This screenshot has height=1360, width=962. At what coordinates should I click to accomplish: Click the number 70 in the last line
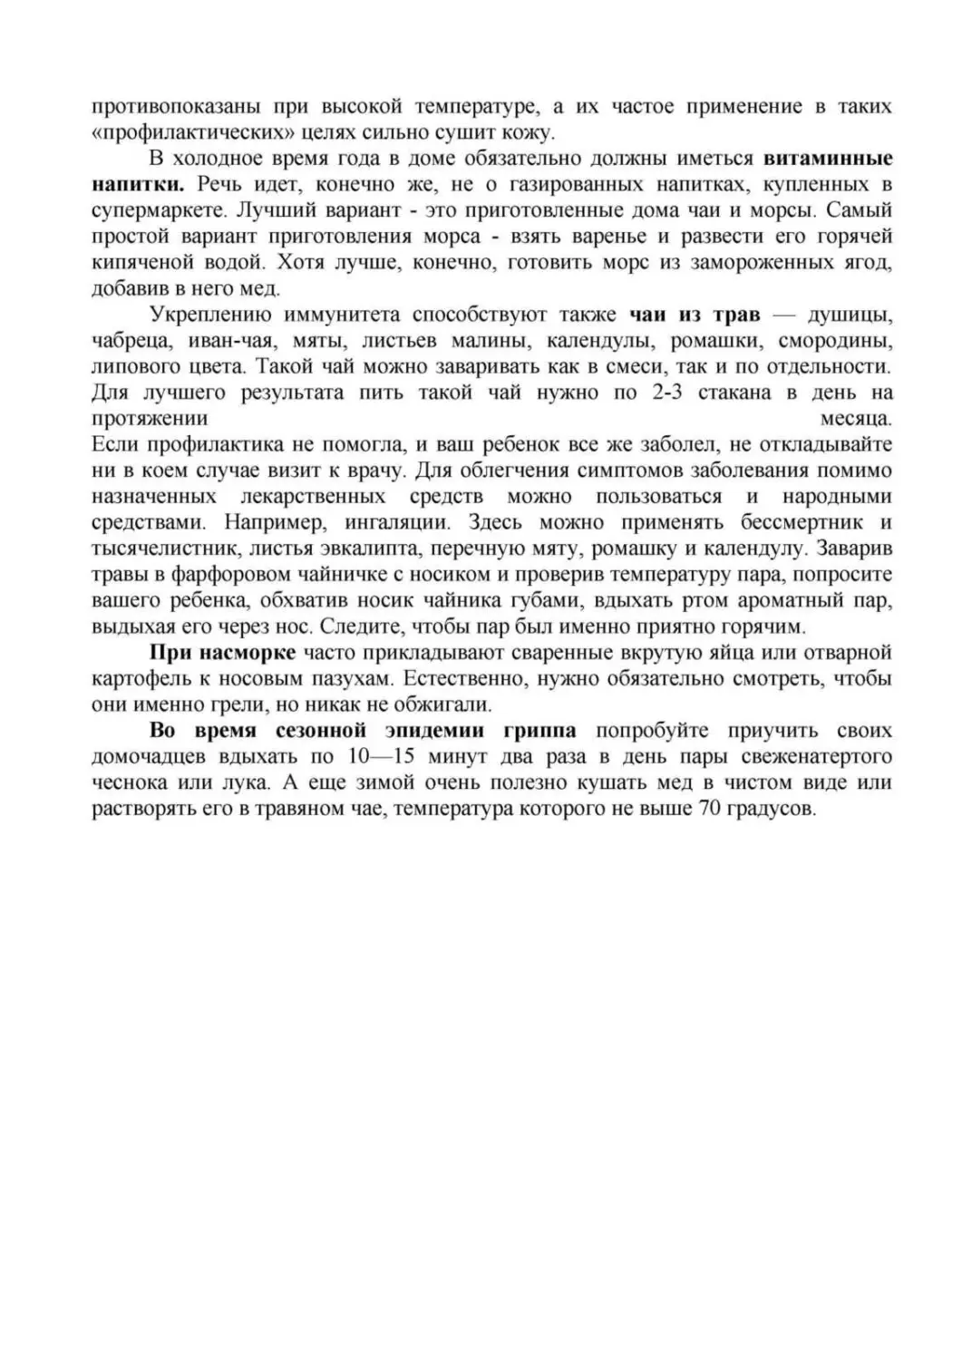pyautogui.click(x=710, y=809)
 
